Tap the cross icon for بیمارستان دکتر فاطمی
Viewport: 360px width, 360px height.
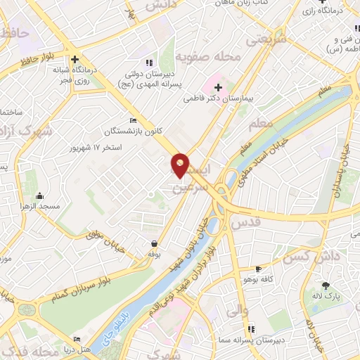pyautogui.click(x=218, y=88)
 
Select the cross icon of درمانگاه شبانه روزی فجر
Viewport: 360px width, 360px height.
pyautogui.click(x=74, y=60)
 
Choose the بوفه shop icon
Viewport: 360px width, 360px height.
pyautogui.click(x=153, y=243)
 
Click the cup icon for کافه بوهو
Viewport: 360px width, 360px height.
pyautogui.click(x=258, y=269)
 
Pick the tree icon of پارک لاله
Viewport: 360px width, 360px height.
pyautogui.click(x=326, y=285)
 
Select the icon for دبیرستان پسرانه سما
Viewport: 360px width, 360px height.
pyautogui.click(x=251, y=329)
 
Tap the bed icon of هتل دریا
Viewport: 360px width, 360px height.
pyautogui.click(x=77, y=339)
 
